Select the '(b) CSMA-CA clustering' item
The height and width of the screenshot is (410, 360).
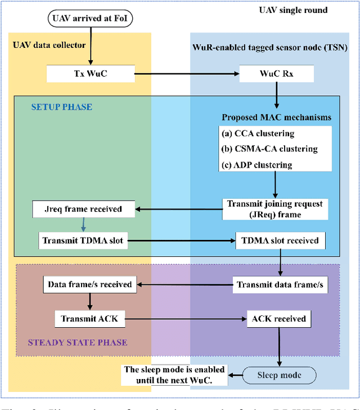[269, 149]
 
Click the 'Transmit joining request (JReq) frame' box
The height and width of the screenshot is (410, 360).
[274, 209]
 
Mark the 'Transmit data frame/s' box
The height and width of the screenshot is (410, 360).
[280, 284]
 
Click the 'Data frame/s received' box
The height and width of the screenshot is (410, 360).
[90, 284]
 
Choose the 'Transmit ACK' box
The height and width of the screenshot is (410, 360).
[90, 319]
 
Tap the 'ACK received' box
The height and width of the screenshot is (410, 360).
[278, 319]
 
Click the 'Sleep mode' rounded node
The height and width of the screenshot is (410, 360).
[279, 375]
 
